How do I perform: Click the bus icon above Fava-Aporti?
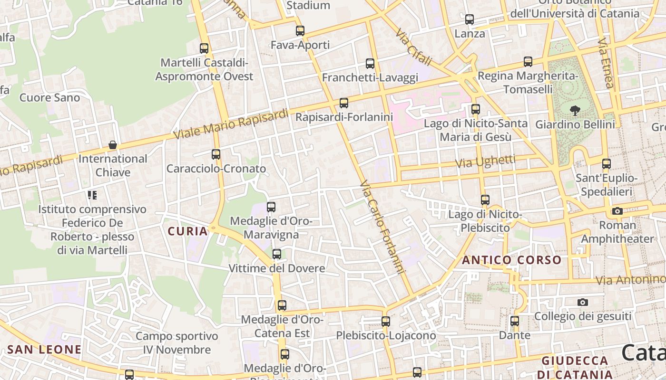[300, 31]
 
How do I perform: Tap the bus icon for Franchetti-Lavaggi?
[370, 63]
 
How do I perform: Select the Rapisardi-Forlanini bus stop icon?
[344, 103]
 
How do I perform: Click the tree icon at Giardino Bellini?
[575, 111]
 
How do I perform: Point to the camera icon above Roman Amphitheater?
[617, 211]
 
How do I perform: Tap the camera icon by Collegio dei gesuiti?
[583, 302]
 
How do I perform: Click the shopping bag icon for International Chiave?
[113, 145]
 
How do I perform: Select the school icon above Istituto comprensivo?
[92, 195]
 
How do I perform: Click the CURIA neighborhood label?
[188, 231]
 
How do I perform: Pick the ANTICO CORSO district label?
[512, 260]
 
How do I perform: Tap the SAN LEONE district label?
[44, 350]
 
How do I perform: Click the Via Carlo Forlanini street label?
[382, 227]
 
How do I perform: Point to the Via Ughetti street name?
[485, 161]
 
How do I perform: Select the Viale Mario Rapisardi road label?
[231, 124]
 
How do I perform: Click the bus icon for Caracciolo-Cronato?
[216, 154]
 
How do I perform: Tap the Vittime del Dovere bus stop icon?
[277, 254]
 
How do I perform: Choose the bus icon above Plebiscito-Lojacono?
[386, 321]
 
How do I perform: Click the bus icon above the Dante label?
[515, 321]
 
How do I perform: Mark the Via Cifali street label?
[414, 47]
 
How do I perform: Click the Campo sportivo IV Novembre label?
[177, 343]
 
